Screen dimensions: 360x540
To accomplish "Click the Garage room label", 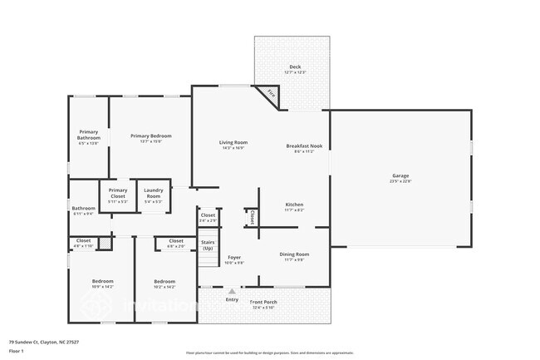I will pyautogui.click(x=400, y=175).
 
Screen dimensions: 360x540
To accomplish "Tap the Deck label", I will pyautogui.click(x=295, y=67).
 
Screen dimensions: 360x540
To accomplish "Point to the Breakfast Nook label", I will pyautogui.click(x=297, y=146).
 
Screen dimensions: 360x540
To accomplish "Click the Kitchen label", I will pyautogui.click(x=294, y=205).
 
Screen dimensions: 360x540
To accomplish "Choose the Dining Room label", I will pyautogui.click(x=294, y=254).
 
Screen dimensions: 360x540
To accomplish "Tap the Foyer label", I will pyautogui.click(x=235, y=258).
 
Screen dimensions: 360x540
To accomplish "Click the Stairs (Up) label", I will pyautogui.click(x=208, y=245).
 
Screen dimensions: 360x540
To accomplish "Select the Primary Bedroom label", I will pyautogui.click(x=150, y=136).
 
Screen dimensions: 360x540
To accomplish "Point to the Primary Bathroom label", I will pyautogui.click(x=88, y=135).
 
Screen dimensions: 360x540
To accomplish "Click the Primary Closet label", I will pyautogui.click(x=117, y=193).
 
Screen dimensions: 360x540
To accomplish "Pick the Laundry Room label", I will pyautogui.click(x=153, y=193).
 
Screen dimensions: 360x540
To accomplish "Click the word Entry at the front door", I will pyautogui.click(x=231, y=299).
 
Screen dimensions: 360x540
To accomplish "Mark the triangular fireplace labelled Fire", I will pyautogui.click(x=270, y=96).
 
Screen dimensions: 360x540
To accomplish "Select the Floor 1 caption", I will pyautogui.click(x=16, y=352).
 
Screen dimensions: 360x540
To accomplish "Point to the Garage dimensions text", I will pyautogui.click(x=400, y=181).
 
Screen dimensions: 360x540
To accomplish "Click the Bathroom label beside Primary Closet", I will pyautogui.click(x=83, y=208).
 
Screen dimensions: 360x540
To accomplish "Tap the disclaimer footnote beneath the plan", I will pyautogui.click(x=269, y=353).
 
